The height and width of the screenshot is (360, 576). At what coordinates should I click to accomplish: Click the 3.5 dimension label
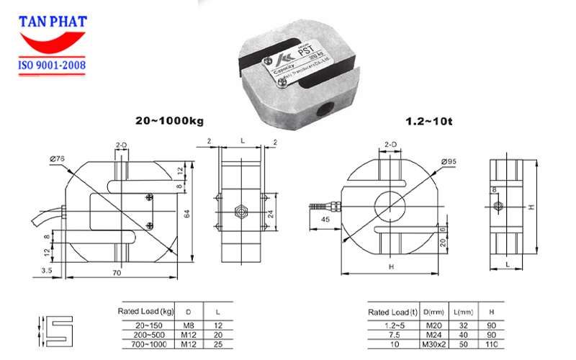point(47,270)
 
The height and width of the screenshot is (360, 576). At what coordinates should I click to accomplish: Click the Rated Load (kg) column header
point(145,312)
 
